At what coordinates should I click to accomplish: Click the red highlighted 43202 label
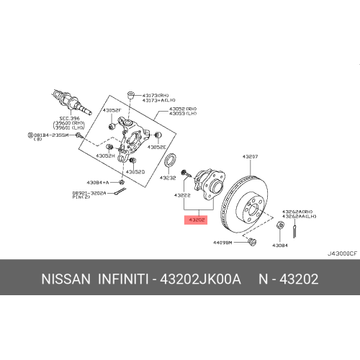(x=196, y=220)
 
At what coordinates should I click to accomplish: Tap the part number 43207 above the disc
(x=249, y=156)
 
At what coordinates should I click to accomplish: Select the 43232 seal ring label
(x=168, y=177)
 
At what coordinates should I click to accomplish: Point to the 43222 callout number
(x=183, y=195)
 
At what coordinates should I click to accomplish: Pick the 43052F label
(x=111, y=110)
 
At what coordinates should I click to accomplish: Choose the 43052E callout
(x=156, y=146)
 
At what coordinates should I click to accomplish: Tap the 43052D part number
(x=135, y=172)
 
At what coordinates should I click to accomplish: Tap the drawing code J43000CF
(x=341, y=253)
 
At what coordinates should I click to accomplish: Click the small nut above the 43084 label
(x=279, y=228)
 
